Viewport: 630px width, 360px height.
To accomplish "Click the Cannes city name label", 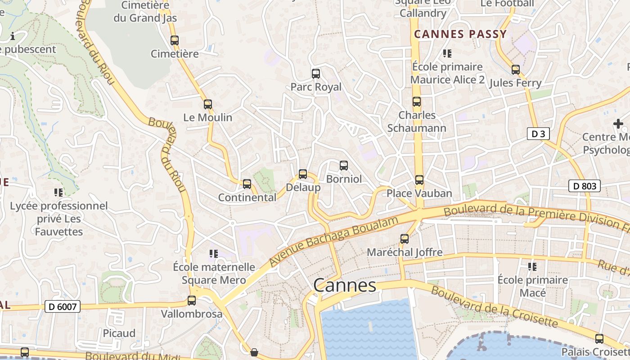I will coord(344,285).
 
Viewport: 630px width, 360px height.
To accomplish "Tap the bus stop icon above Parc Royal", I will coord(316,73).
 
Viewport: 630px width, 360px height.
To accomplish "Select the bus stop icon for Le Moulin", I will coord(207,104).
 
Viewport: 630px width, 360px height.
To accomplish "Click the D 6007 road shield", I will coord(63,307).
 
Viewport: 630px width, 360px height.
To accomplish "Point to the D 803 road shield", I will coord(584,186).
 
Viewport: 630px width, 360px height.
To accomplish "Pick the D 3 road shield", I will coord(538,134).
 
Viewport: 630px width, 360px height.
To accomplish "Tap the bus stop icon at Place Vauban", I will coord(419,180).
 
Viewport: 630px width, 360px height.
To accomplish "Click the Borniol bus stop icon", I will coord(344,166).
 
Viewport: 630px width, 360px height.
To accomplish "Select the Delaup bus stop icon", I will coord(303,174).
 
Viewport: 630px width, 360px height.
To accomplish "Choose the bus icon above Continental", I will coord(247,184).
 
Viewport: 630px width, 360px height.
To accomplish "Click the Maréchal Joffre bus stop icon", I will coord(405,239).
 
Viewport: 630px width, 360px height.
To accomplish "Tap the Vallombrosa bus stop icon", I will coord(192,301).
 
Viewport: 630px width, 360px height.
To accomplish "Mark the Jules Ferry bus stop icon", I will coord(516,70).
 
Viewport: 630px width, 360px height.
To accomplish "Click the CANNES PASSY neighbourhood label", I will coord(460,34).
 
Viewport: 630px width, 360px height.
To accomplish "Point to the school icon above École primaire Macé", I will coord(532,267).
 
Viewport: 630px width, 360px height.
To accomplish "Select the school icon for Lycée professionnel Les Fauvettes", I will coord(58,193).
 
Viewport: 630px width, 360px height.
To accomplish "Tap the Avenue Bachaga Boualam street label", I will coord(334,241).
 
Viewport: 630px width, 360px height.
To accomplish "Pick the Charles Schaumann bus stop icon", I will coord(417,102).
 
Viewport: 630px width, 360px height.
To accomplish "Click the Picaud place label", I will coord(119,333).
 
